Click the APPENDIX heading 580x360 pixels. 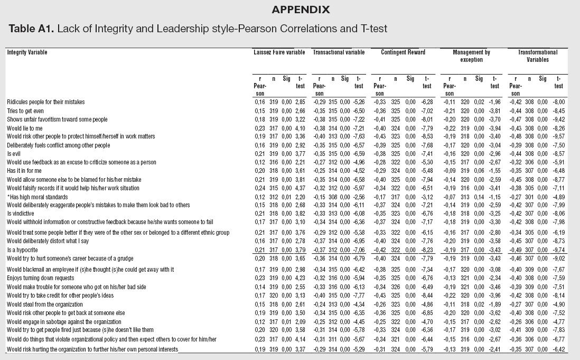coord(301,10)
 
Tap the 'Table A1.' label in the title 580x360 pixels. coord(31,29)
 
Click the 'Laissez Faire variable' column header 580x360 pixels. coord(279,52)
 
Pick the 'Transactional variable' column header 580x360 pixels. coord(339,52)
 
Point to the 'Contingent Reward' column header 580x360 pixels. coord(403,52)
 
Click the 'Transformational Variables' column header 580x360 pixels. coord(537,56)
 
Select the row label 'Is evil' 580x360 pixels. coord(14,154)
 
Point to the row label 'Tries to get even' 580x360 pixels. coord(25,111)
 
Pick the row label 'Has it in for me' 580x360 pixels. coord(24,171)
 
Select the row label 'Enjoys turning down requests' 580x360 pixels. coord(40,278)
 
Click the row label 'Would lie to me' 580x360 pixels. coord(24,128)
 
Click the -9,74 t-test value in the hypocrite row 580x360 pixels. coord(558,250)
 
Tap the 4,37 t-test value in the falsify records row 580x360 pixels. coord(300,188)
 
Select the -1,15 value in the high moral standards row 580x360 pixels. coord(493,197)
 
